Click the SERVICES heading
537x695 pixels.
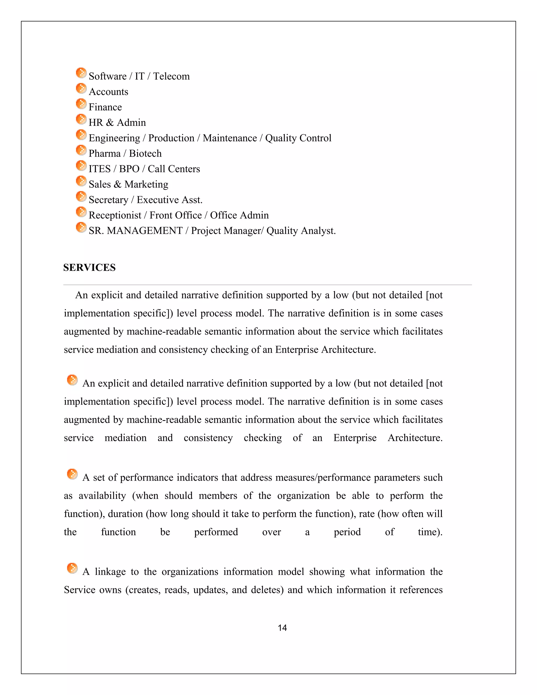pos(89,268)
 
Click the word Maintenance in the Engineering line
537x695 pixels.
pos(230,138)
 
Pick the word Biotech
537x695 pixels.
pos(145,154)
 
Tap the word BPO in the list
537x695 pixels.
pos(129,169)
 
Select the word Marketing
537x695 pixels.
pos(146,185)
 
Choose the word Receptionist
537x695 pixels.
pos(115,215)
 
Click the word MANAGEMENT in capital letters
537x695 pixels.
pos(144,231)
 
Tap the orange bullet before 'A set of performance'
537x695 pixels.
pos(72,474)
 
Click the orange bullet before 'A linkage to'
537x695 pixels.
pos(72,568)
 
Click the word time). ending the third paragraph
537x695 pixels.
pos(430,532)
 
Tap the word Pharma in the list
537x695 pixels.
pos(104,154)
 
